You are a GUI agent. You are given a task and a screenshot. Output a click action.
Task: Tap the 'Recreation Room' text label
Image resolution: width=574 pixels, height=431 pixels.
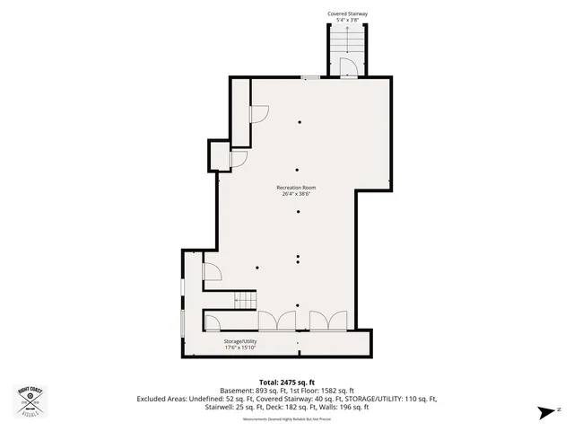[295, 187]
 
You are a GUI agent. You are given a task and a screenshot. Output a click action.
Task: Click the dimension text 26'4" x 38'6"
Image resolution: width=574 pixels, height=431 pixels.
[295, 193]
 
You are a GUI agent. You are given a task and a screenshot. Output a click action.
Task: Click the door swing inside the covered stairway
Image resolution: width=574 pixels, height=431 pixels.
[351, 68]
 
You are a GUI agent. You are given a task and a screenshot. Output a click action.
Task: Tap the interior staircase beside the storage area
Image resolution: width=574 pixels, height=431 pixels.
[245, 300]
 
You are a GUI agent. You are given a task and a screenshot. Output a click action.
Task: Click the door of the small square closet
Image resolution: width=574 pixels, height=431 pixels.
[238, 159]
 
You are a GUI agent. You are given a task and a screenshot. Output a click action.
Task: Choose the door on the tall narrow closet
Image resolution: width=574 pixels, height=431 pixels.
[258, 112]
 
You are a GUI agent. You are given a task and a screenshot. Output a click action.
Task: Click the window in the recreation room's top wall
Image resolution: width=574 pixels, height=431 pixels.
[310, 78]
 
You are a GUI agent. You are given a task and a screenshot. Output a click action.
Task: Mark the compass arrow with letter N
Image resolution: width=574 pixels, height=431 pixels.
[546, 412]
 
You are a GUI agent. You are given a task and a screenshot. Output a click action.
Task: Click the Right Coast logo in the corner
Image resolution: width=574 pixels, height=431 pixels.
[30, 400]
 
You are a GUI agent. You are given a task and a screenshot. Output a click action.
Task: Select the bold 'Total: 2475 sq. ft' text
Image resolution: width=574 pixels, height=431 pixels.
[286, 382]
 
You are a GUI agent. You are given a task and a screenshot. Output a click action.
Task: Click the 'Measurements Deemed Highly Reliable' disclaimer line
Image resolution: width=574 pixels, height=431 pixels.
[286, 417]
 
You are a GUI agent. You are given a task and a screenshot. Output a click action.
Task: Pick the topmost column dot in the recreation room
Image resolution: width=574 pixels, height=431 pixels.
[300, 122]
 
